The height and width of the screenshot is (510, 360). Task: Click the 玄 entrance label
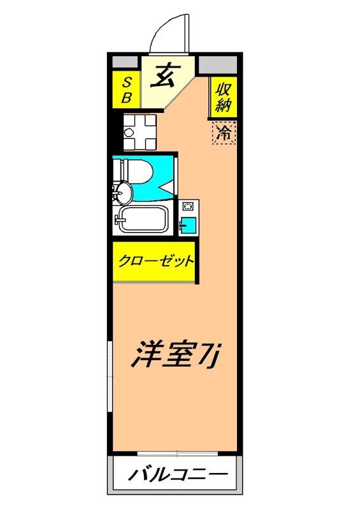(x=165, y=76)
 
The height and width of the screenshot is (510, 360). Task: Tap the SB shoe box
(x=126, y=90)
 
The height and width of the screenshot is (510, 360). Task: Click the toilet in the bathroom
(x=134, y=171)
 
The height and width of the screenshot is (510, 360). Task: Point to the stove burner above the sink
(x=189, y=207)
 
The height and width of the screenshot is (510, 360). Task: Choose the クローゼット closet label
(x=155, y=261)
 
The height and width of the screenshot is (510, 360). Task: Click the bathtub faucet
(x=118, y=220)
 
